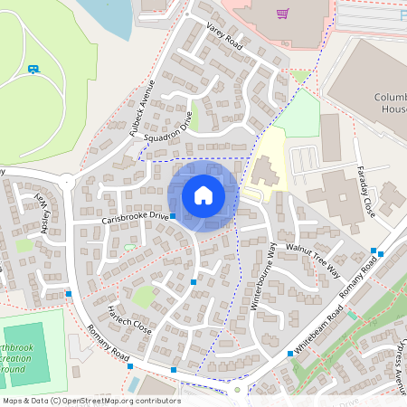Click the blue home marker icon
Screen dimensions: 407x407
[x=203, y=195]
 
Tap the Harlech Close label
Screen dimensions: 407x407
[x=129, y=319]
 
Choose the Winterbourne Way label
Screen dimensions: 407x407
[x=263, y=276]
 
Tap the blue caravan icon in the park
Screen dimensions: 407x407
[x=33, y=69]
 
